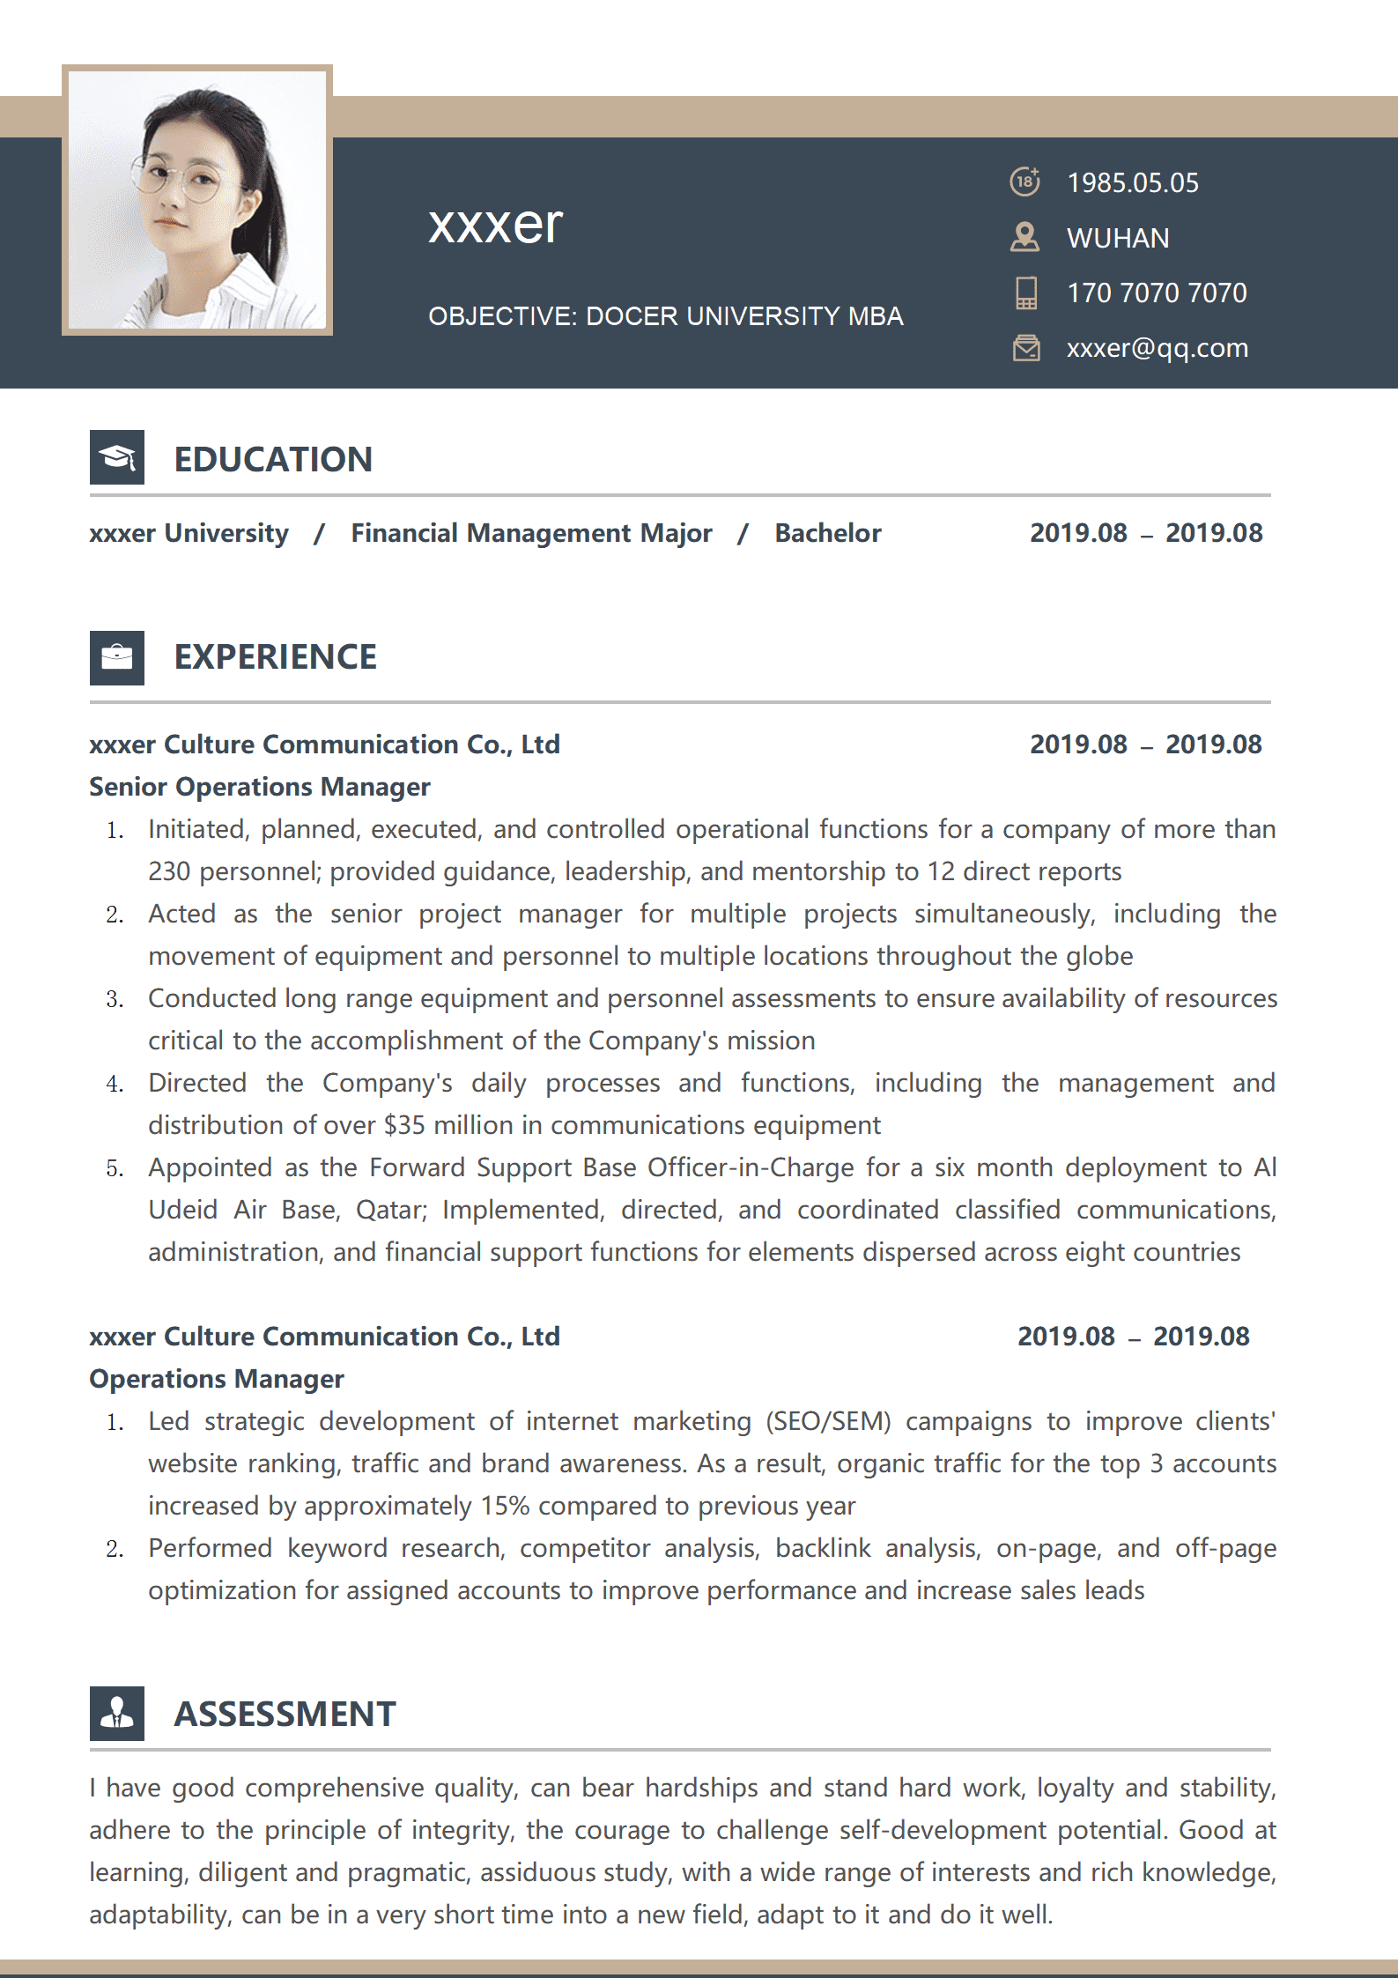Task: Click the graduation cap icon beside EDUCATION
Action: [x=117, y=457]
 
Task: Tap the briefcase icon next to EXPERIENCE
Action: [x=117, y=657]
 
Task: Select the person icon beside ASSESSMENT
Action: [x=117, y=1713]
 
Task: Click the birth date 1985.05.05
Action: [x=1132, y=183]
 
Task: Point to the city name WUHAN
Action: [x=1118, y=239]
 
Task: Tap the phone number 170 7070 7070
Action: [x=1157, y=293]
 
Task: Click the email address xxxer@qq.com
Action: [x=1157, y=348]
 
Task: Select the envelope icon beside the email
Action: [x=1026, y=348]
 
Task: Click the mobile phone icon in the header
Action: [x=1026, y=293]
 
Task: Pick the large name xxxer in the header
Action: [x=495, y=225]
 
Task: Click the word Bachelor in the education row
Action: [x=827, y=533]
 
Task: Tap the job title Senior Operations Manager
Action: [x=260, y=787]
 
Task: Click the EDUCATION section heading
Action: [x=273, y=459]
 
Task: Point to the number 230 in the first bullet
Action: [x=169, y=871]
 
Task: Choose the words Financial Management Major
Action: [x=531, y=533]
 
